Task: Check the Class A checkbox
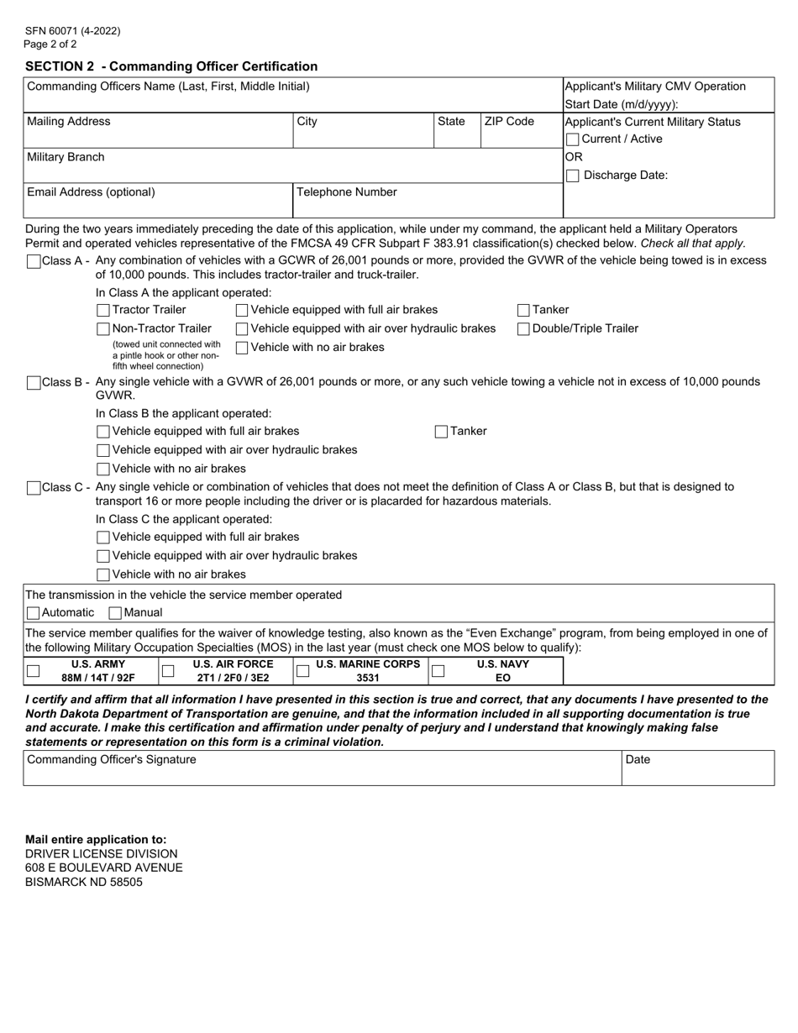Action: (34, 261)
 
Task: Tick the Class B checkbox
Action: (34, 383)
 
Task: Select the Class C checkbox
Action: (34, 488)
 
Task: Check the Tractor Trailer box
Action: (103, 310)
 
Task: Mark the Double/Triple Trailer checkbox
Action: (523, 328)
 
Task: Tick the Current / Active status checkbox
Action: (573, 139)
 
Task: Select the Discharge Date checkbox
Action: (573, 176)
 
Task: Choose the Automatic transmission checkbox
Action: (34, 613)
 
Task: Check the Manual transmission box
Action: (116, 613)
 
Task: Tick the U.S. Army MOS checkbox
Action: (33, 671)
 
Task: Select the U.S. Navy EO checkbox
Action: (438, 671)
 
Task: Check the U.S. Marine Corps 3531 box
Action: (303, 671)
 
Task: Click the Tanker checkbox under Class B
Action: (442, 432)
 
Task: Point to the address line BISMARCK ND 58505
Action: (84, 882)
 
